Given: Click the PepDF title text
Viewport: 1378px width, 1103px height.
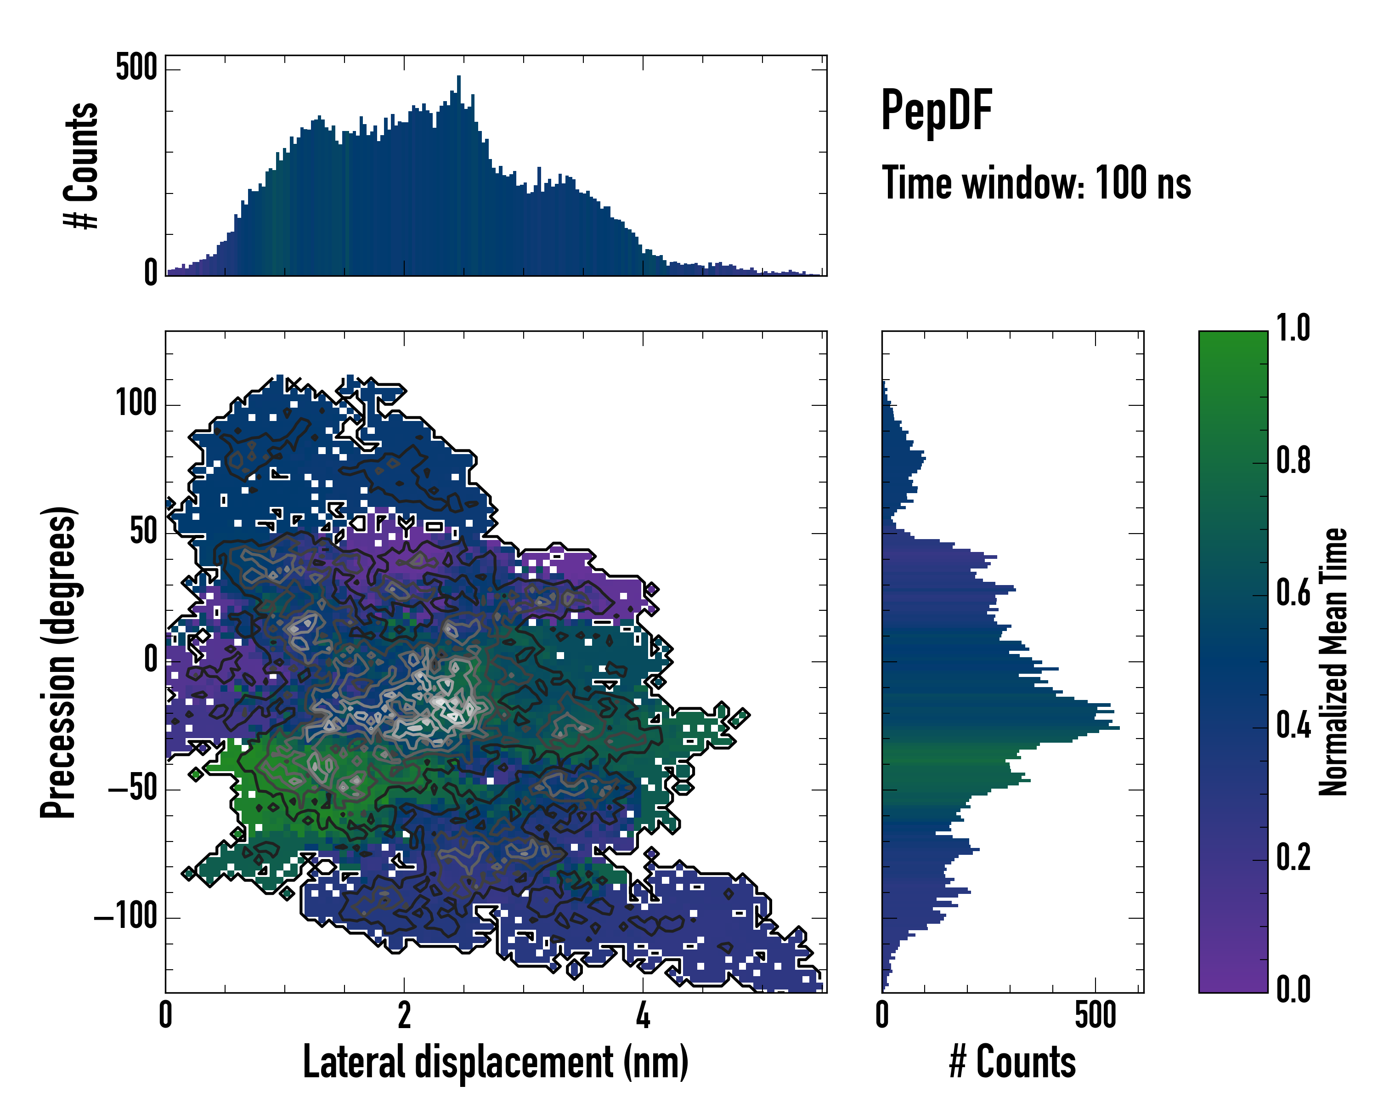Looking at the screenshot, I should [936, 111].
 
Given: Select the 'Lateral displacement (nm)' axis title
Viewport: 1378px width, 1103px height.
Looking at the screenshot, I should [495, 1062].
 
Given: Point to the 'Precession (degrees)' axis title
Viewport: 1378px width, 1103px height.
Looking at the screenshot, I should [59, 662].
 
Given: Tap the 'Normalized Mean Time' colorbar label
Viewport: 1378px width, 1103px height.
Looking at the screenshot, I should [1333, 662].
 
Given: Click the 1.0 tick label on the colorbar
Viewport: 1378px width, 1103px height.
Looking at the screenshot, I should [1293, 329].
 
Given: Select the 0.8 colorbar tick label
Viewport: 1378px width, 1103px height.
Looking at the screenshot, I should [1293, 461].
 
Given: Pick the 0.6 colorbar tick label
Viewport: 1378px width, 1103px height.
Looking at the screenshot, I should [1293, 593].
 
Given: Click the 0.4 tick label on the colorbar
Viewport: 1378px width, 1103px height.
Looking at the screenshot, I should [1293, 726].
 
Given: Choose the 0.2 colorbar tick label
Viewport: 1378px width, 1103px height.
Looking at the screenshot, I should [1293, 858].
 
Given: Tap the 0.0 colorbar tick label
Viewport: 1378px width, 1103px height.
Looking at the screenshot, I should [1293, 990].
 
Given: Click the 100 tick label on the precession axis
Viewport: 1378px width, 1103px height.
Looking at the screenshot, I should [136, 404].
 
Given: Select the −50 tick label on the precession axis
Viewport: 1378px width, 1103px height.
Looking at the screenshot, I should [133, 789].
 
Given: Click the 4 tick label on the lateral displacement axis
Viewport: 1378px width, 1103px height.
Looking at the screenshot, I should [643, 1015].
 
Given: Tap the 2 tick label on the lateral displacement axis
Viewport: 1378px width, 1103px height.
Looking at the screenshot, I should [404, 1015].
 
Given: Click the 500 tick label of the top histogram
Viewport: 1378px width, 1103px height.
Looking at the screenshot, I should [136, 67].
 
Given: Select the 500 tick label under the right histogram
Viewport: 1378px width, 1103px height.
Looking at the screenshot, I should [1095, 1015].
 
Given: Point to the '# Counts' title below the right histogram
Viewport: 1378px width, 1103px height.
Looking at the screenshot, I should [1012, 1062].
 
